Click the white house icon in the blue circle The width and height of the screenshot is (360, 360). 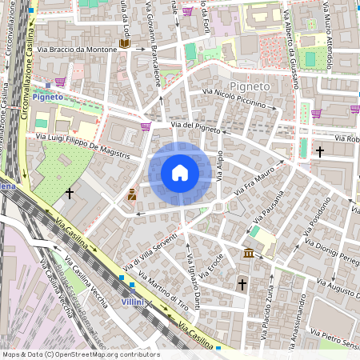click(180, 173)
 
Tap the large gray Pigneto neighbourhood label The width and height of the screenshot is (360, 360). click(250, 84)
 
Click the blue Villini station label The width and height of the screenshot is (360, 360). click(132, 303)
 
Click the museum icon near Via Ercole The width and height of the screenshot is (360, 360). click(249, 254)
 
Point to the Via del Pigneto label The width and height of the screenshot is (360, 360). click(195, 126)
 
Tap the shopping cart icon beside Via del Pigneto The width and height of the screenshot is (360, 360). click(146, 126)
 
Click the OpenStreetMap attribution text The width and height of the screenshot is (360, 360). click(80, 354)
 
